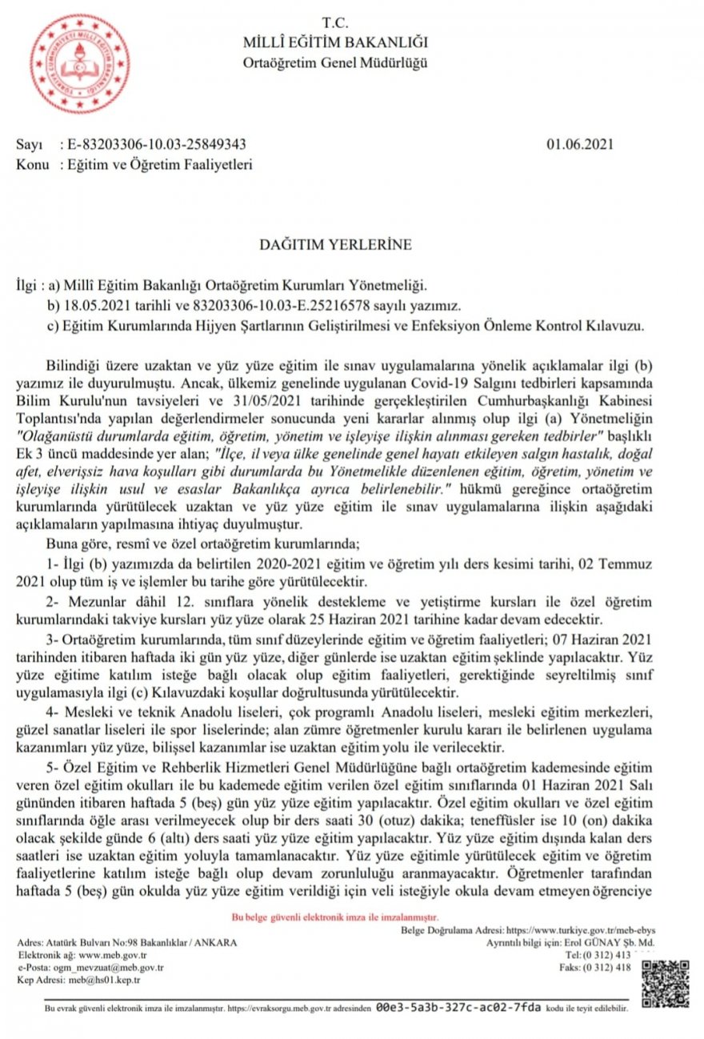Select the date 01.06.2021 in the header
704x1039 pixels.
(x=580, y=145)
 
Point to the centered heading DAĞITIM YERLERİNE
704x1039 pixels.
(x=334, y=245)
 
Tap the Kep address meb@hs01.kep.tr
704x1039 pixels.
(x=103, y=980)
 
